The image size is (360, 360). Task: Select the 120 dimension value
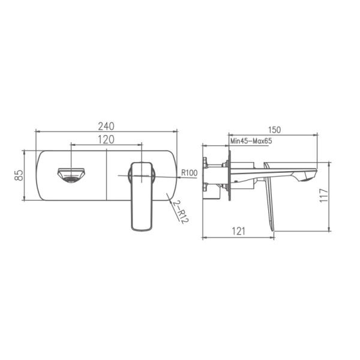[106, 139]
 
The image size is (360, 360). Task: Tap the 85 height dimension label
[19, 175]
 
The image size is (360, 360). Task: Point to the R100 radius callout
[190, 173]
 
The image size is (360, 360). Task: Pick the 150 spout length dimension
[275, 129]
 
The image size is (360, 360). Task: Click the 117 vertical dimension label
[323, 196]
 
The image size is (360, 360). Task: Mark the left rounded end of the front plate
[40, 175]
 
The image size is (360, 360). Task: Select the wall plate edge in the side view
[229, 175]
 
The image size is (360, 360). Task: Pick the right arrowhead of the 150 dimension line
[315, 134]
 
